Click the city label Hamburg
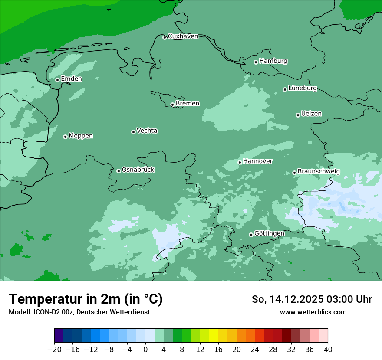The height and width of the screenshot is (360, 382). [273, 61]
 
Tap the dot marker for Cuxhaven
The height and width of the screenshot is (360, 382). [165, 38]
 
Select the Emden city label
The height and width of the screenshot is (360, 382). [71, 79]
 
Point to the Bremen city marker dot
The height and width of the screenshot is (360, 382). [172, 105]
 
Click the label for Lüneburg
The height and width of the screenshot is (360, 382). [302, 88]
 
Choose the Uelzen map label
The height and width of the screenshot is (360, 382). [311, 114]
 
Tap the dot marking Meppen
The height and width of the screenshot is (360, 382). [65, 137]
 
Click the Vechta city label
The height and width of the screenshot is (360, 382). [147, 131]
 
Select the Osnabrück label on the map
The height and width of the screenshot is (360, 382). [138, 170]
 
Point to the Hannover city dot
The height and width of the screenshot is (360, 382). [240, 162]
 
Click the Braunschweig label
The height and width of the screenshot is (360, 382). [319, 172]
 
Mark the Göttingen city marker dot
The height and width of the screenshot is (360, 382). [251, 235]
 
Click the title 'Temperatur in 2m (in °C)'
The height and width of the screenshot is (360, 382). [86, 299]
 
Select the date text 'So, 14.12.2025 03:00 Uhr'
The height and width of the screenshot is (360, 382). [312, 299]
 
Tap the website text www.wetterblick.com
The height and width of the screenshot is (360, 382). [313, 312]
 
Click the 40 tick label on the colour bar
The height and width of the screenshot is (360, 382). [328, 350]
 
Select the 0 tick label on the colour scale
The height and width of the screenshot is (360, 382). [145, 350]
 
